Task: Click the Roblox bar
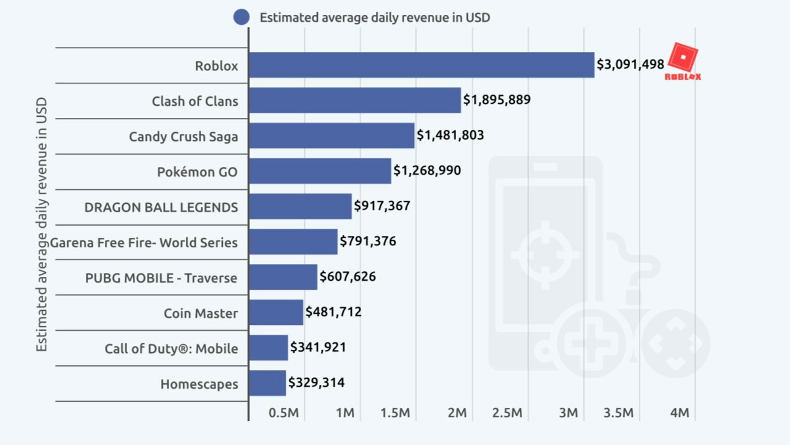tap(421, 65)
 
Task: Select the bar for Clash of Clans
tap(354, 100)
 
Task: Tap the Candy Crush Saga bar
tap(331, 135)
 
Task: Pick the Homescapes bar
tap(267, 383)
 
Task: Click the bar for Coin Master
tap(276, 313)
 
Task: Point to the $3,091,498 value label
tap(630, 64)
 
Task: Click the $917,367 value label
tap(381, 206)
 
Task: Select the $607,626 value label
tap(347, 277)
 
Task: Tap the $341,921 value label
tap(318, 347)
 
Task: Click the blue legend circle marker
tap(241, 17)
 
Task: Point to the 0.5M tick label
tap(284, 413)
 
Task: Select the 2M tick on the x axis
tap(457, 413)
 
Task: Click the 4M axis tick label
tap(679, 413)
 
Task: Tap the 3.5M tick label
tap(618, 413)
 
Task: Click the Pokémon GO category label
tap(197, 172)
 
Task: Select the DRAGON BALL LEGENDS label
tap(161, 207)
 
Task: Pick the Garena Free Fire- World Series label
tap(143, 242)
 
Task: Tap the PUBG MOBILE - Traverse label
tap(161, 278)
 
